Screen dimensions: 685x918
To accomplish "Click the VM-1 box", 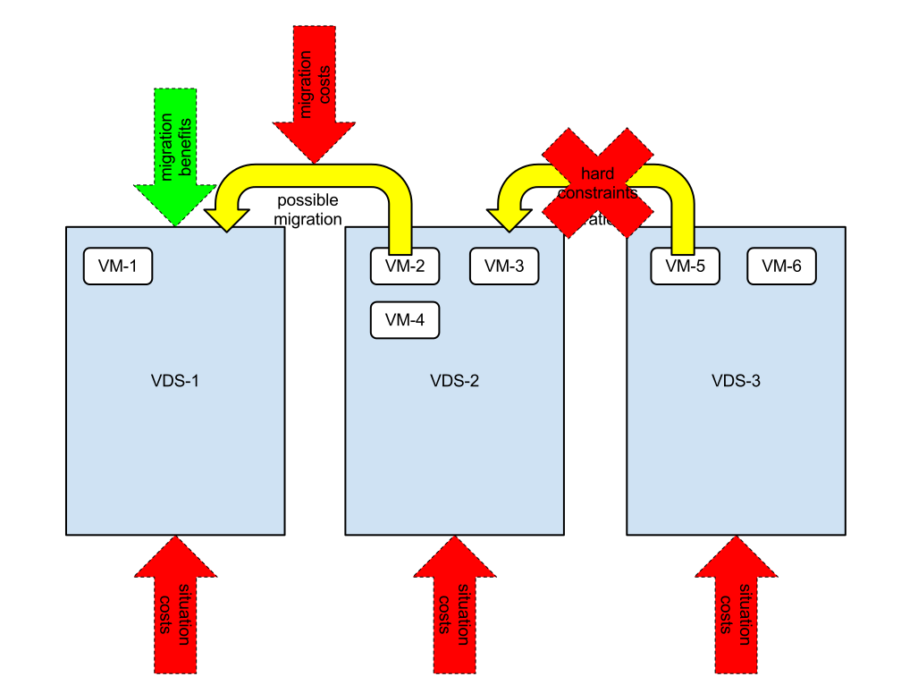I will coord(117,266).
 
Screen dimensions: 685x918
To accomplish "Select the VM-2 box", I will coord(404,266).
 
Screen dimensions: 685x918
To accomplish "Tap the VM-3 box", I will coord(504,266).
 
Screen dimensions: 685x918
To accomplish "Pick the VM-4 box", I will coord(404,320).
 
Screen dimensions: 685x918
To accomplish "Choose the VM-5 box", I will coord(685,266).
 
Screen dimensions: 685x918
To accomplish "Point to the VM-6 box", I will coord(781,266).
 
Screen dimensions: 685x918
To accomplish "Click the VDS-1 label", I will coord(175,380).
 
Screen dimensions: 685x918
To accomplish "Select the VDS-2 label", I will coord(454,380).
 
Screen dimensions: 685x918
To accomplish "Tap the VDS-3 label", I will coord(736,380).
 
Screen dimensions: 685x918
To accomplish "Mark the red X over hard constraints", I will coord(597,182).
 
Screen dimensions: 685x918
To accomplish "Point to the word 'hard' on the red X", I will coord(597,173).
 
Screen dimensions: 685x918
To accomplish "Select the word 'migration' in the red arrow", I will coord(307,85).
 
